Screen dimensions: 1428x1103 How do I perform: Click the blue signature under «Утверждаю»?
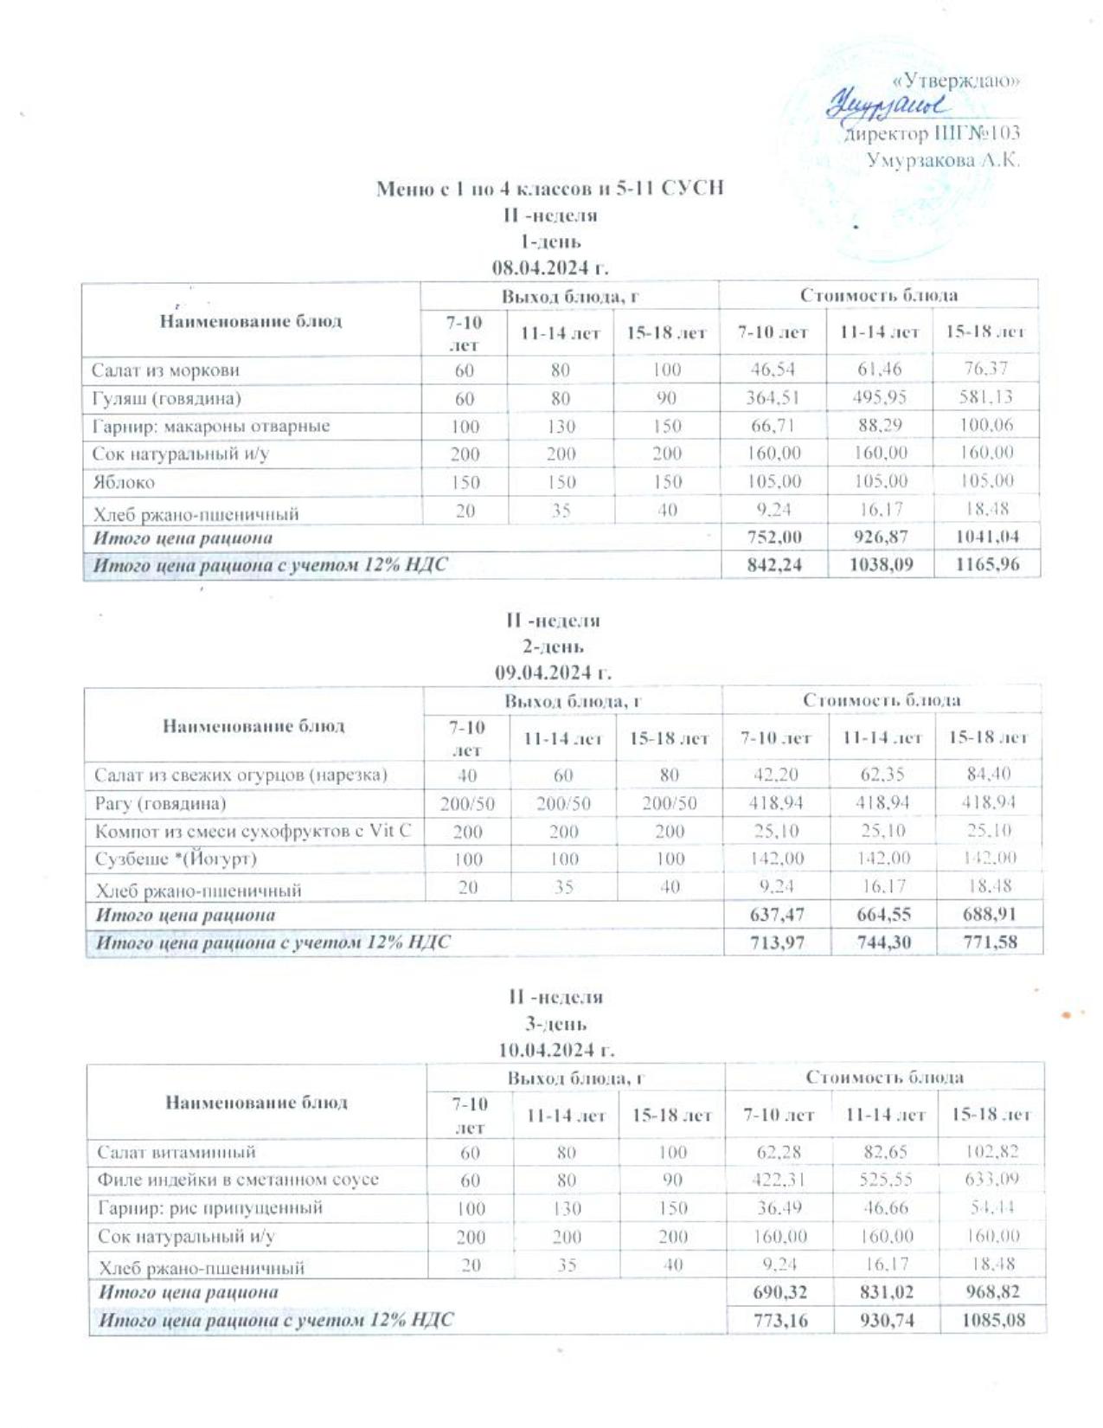888,106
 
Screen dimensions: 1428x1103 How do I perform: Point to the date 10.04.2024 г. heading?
555,1049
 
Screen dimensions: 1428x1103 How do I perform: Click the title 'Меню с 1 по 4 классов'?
549,188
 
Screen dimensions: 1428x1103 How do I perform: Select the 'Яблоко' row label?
124,482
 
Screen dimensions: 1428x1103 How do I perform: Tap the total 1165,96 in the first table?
985,565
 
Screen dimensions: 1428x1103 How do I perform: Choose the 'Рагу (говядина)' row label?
161,803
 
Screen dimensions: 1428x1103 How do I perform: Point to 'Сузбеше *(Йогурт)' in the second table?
176,859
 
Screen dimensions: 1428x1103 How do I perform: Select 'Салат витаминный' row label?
176,1153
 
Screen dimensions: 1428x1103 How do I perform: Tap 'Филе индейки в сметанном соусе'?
238,1180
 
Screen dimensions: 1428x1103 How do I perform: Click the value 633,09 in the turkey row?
991,1180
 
